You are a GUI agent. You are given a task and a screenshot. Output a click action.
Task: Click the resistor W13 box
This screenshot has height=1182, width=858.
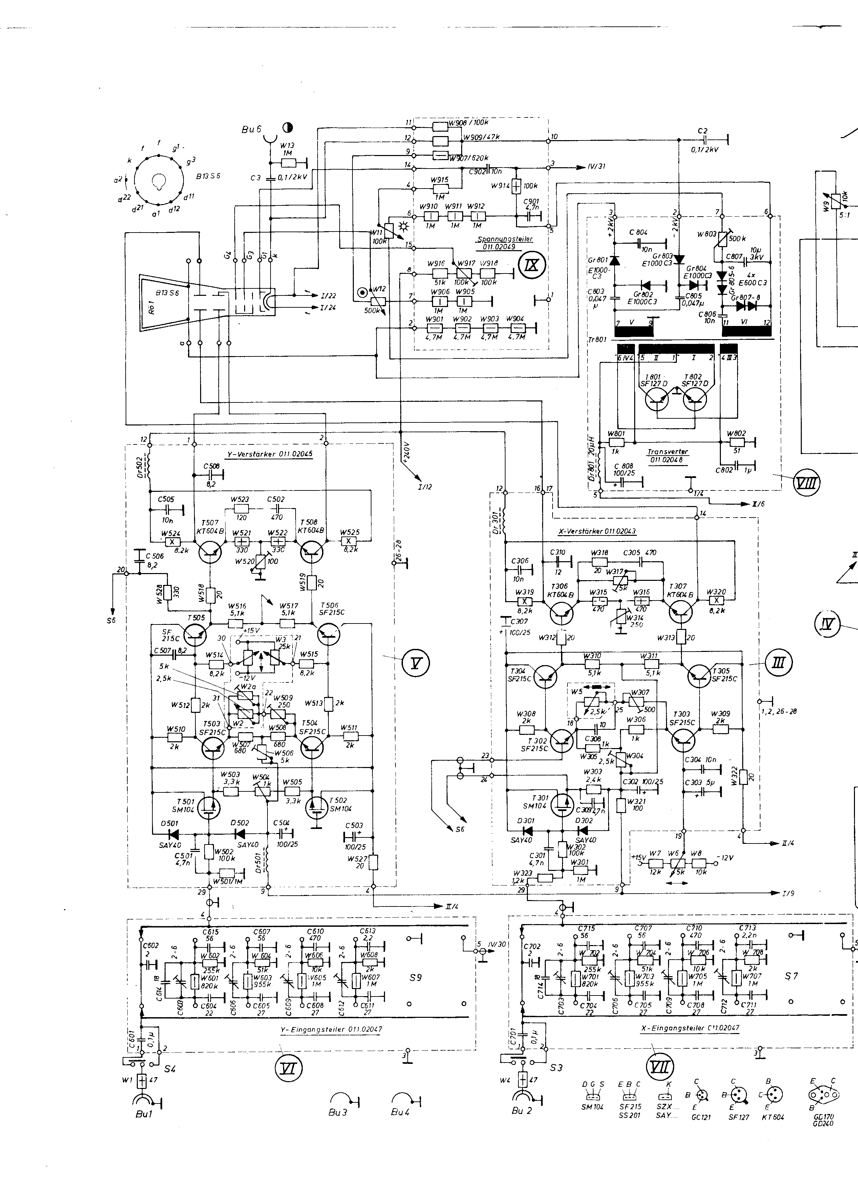288,163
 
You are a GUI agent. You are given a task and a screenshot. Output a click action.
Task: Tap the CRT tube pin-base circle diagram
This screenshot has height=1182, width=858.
159,181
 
